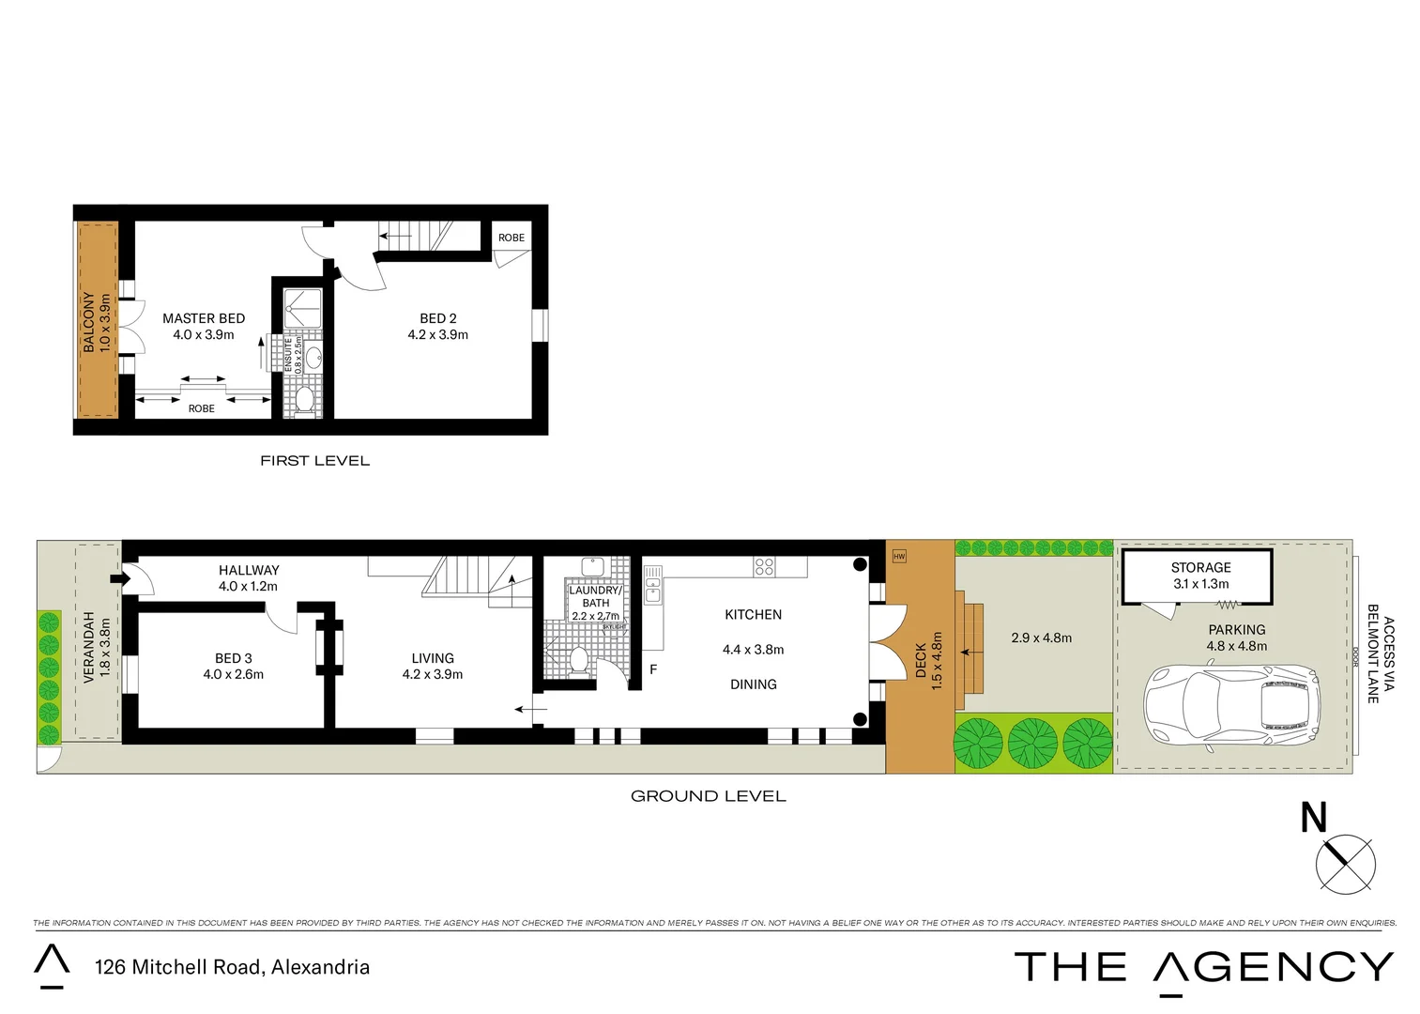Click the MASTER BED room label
click(x=204, y=318)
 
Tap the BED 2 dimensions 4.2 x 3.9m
click(x=437, y=335)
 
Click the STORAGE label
click(x=1200, y=567)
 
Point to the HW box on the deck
click(x=899, y=556)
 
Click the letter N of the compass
click(x=1313, y=818)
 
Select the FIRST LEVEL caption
click(x=314, y=461)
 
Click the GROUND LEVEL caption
click(x=708, y=796)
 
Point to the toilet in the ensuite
click(x=304, y=400)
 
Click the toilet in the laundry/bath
click(x=579, y=659)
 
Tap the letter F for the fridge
click(x=653, y=669)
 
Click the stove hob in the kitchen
click(x=764, y=566)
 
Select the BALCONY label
click(x=89, y=321)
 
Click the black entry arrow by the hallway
click(x=119, y=578)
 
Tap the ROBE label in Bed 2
click(x=512, y=238)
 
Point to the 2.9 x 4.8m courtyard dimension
click(x=1041, y=638)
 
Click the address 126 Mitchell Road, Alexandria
click(x=232, y=967)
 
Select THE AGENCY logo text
click(x=1204, y=967)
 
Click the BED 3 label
click(x=233, y=658)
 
